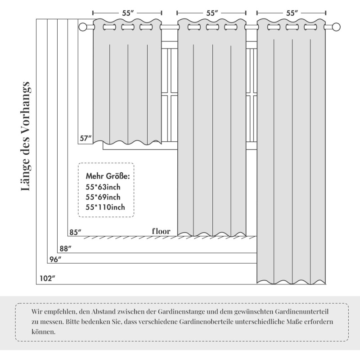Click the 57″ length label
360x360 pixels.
pos(85,139)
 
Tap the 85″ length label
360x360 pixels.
pos(75,233)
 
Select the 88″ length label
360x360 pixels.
pos(65,248)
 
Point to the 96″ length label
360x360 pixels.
pos(54,259)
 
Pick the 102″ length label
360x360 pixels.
pos(47,279)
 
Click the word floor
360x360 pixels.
pos(161,231)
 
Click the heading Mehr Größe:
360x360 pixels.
pos(108,175)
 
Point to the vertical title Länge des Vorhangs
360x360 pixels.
pos(26,136)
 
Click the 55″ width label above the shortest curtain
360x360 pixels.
pos(128,13)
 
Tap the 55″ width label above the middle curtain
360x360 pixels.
pos(212,13)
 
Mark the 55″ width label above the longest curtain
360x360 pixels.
pos(292,13)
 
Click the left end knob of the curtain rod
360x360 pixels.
pos(82,27)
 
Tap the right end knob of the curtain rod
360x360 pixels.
pos(336,27)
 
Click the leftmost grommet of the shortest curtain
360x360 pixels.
pos(108,27)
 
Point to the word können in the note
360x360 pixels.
pos(44,332)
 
